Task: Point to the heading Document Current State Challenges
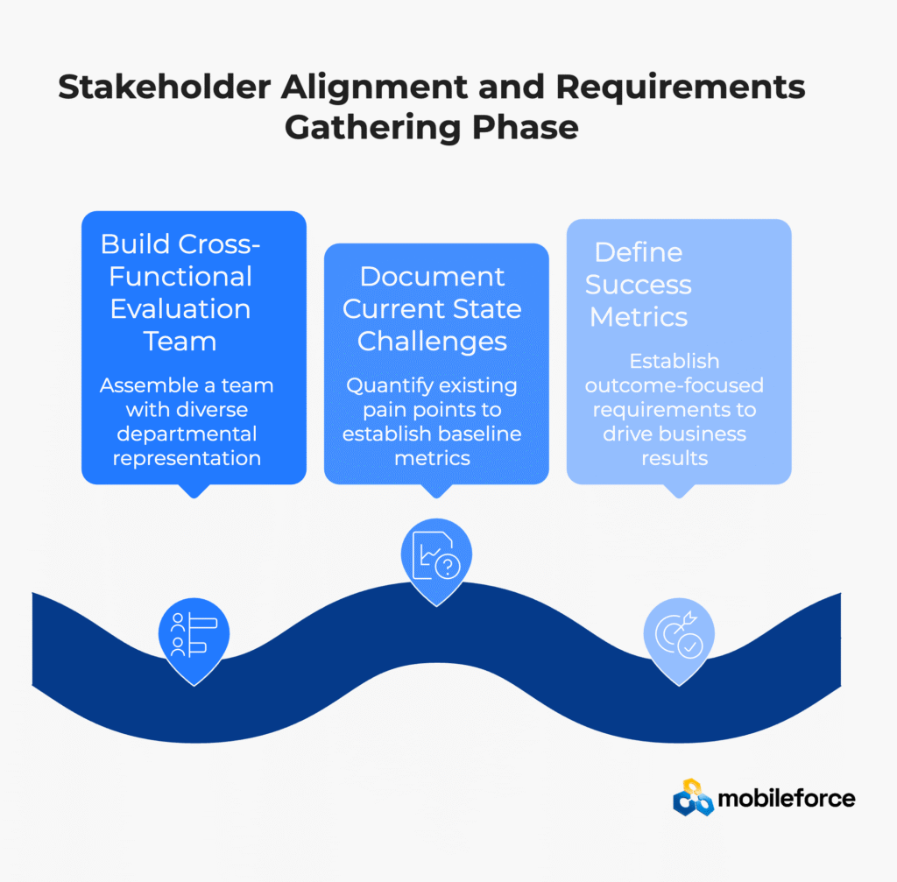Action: point(433,308)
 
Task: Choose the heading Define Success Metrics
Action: point(639,284)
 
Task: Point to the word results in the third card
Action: point(675,457)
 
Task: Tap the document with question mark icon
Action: point(436,557)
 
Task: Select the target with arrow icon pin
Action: point(678,634)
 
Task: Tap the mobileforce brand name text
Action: point(786,798)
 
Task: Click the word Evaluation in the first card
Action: point(181,308)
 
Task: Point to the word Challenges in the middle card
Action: point(433,341)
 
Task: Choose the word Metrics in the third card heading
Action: point(639,316)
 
